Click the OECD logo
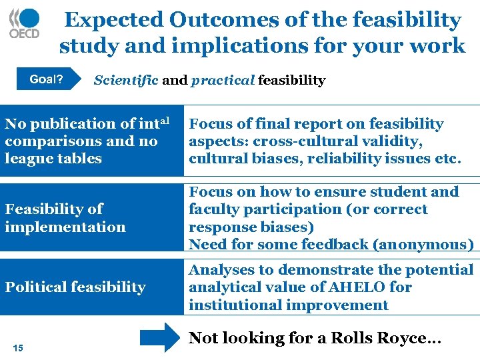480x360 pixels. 25,24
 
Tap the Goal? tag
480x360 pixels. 47,81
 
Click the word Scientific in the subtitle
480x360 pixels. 126,81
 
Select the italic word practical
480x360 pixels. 223,81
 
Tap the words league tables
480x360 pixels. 53,159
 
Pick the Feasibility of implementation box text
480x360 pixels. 65,218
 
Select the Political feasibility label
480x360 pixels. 75,287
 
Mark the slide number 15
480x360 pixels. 18,347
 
